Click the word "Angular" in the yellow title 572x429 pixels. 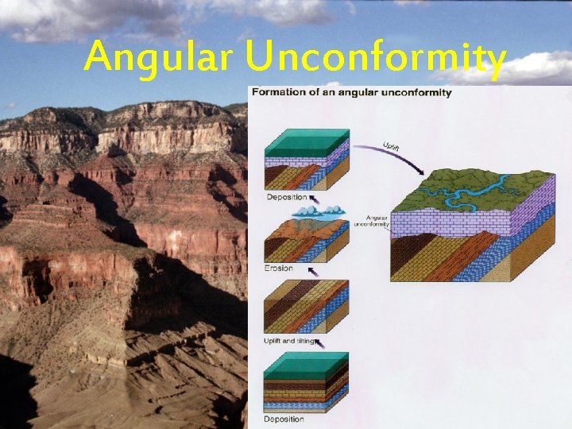(x=159, y=57)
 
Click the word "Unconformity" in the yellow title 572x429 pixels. (x=375, y=57)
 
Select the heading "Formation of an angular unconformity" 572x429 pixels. (x=352, y=92)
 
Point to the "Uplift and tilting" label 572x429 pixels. (x=288, y=341)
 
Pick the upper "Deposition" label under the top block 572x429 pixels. (x=287, y=196)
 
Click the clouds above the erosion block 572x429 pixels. (x=316, y=211)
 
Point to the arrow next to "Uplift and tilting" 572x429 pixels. (x=319, y=343)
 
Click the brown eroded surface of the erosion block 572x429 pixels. (x=302, y=230)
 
